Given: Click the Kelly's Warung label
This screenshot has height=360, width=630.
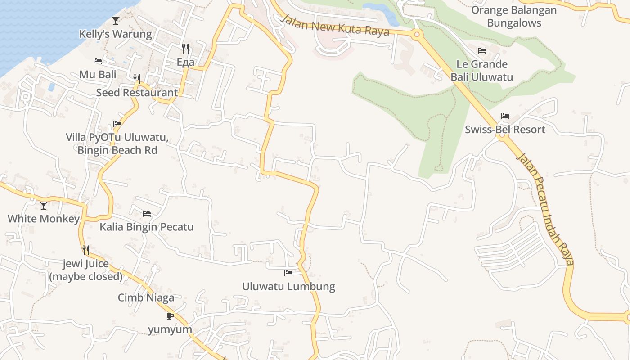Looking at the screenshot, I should point(116,34).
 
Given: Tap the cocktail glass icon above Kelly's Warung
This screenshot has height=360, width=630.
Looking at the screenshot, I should point(116,20).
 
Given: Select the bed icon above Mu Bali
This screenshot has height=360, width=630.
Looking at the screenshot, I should point(98,61).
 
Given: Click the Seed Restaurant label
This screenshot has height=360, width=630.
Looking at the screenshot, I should point(137,93).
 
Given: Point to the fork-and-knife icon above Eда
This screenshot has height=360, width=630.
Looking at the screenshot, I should point(185,48).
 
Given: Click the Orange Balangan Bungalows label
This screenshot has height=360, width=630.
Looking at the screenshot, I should point(514,16).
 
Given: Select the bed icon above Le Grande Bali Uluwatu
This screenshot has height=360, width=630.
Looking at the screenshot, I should point(482,51).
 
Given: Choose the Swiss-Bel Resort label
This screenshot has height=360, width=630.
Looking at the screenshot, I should point(505,130).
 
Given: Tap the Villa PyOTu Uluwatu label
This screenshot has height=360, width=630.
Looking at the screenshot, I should point(117,144).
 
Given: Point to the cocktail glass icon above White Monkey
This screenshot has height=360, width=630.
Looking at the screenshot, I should point(44,206).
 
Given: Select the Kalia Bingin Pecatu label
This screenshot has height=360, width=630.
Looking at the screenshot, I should point(147,227).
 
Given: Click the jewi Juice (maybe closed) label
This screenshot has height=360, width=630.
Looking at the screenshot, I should point(85,270).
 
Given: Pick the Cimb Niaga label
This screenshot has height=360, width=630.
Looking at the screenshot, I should point(146,297).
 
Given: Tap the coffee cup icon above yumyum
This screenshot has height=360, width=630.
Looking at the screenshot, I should point(170,316).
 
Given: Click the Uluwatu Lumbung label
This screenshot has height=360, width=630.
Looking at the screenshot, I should point(288,287).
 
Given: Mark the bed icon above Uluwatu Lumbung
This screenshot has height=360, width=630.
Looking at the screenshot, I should point(288,273).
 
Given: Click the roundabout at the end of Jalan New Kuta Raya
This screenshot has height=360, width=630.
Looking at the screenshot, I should point(417,34).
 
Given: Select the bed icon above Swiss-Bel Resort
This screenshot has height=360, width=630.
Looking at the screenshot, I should point(505,116).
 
